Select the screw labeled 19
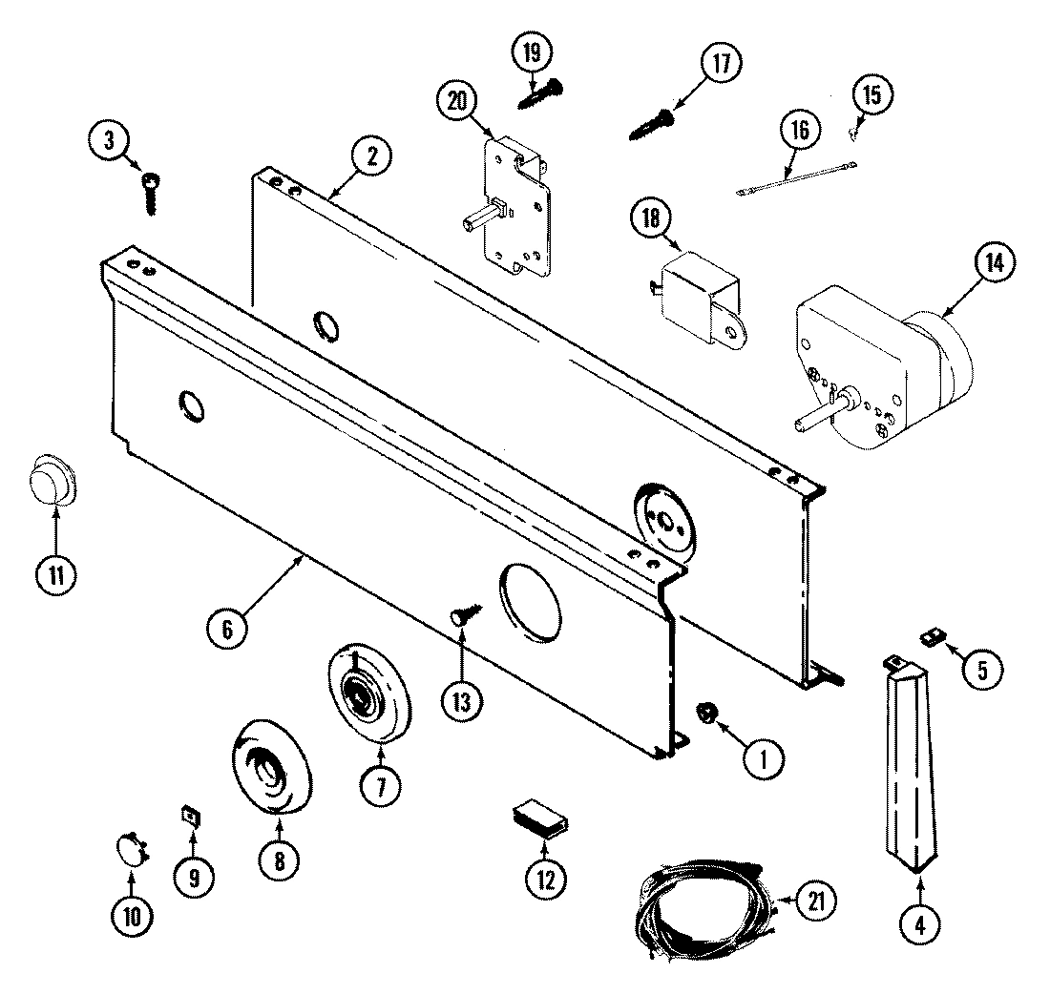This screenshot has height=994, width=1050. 540,93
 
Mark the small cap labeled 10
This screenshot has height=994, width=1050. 131,847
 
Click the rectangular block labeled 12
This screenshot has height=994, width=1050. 539,819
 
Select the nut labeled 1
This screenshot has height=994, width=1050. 708,712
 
